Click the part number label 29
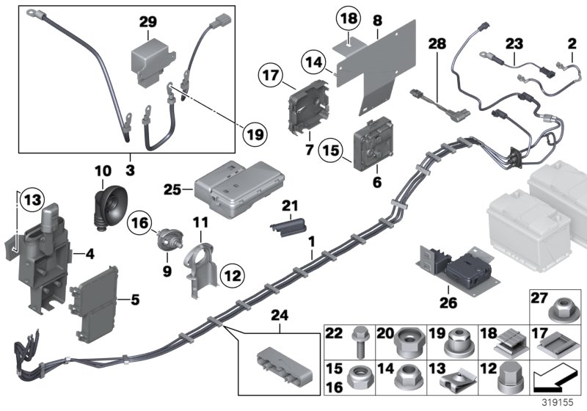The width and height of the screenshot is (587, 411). (148, 23)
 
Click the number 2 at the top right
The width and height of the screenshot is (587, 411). (572, 45)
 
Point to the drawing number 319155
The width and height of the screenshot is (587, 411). (564, 404)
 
